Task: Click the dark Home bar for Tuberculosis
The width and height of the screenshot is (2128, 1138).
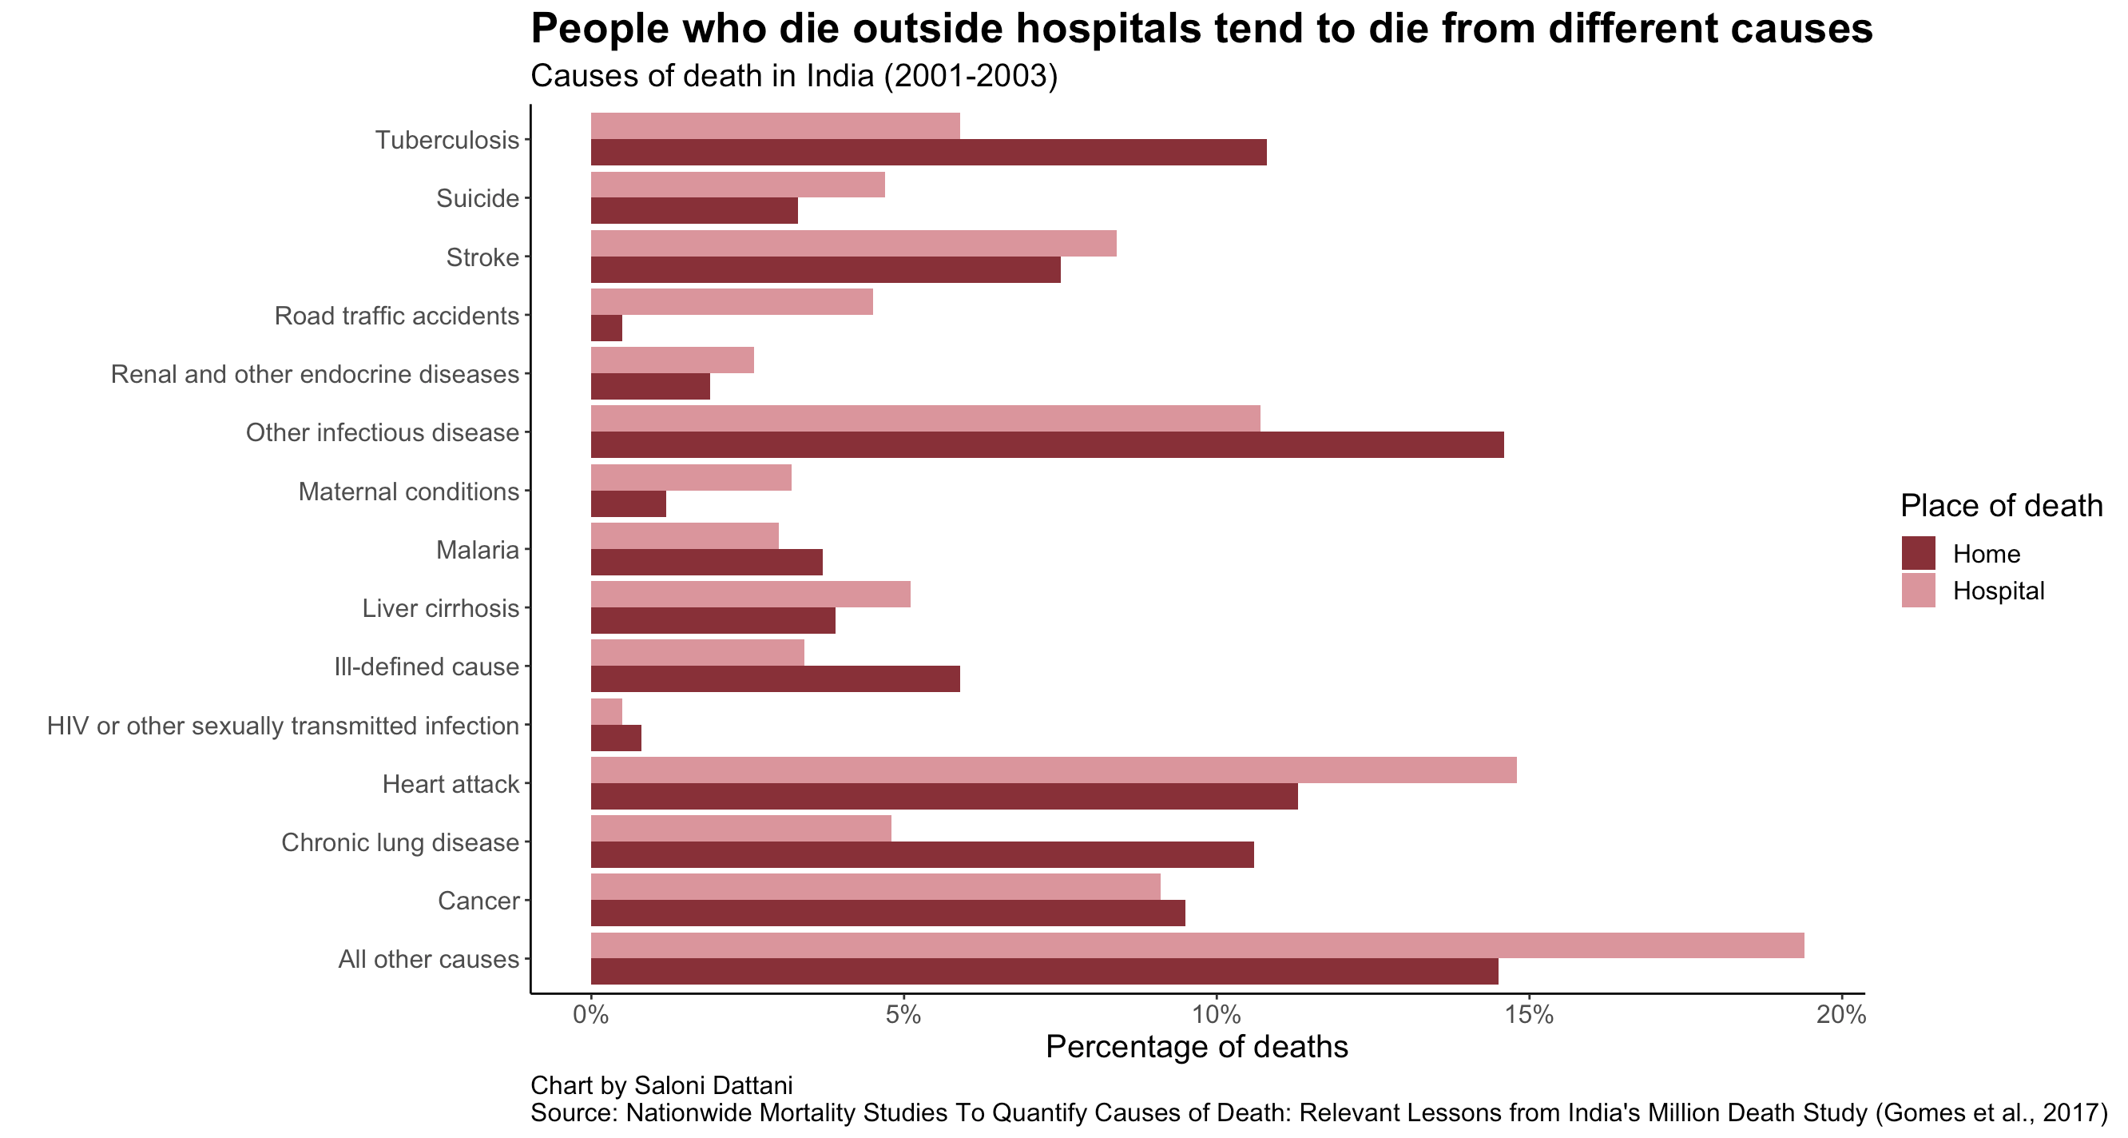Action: click(x=928, y=153)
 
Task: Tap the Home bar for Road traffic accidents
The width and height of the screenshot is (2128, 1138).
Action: click(x=606, y=329)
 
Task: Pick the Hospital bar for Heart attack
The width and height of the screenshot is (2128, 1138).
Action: click(x=1054, y=770)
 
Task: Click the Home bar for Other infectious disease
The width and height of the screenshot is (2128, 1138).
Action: click(x=1046, y=445)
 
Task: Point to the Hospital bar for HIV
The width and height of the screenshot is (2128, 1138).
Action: click(x=606, y=711)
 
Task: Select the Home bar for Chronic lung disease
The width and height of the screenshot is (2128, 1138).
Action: click(x=922, y=855)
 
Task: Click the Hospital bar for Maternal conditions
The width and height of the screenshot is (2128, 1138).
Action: click(x=691, y=478)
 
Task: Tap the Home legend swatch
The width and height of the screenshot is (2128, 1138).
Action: click(x=1918, y=554)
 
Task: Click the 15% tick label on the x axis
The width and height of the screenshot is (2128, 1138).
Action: click(x=1528, y=1015)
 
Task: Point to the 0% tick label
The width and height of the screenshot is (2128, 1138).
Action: click(x=590, y=1015)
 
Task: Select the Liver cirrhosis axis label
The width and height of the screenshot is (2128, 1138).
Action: click(x=440, y=609)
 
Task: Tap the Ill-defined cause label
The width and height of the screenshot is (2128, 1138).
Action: click(x=427, y=667)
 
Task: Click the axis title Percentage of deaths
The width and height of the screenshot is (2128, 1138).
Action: click(x=1196, y=1047)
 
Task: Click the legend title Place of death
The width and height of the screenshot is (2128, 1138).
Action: click(x=2001, y=506)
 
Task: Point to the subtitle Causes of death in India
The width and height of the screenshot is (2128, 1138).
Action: click(x=793, y=76)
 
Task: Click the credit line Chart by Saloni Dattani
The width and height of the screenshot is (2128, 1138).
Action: click(x=661, y=1085)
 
